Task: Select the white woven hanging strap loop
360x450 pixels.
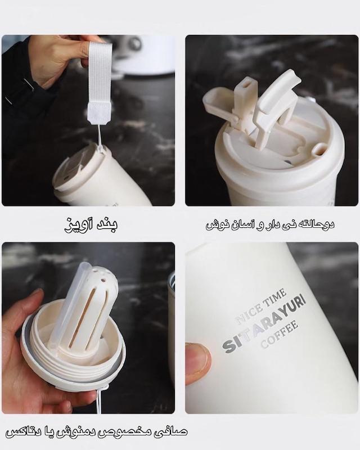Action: click(98, 78)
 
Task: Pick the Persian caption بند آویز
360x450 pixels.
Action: click(91, 224)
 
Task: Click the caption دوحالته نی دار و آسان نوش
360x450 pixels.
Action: click(270, 224)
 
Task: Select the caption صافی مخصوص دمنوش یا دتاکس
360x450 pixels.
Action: click(96, 432)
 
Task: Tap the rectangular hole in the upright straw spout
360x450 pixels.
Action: click(246, 85)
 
